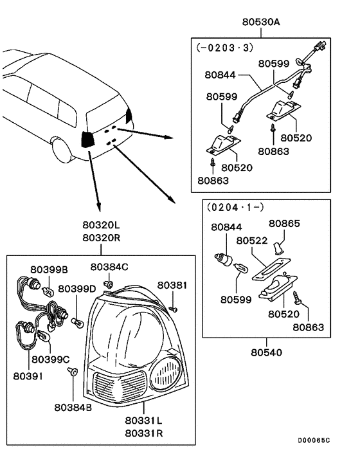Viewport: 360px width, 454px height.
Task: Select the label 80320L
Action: tap(100, 226)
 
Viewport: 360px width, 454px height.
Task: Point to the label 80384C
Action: tap(109, 266)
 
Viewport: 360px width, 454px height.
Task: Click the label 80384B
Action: tap(73, 406)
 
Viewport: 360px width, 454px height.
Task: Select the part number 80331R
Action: tap(144, 433)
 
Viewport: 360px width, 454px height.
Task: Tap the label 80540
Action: tap(266, 352)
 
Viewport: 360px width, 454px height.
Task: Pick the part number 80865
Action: tap(284, 224)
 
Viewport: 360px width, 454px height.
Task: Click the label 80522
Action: tap(251, 240)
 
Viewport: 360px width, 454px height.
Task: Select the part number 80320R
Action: tap(100, 238)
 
